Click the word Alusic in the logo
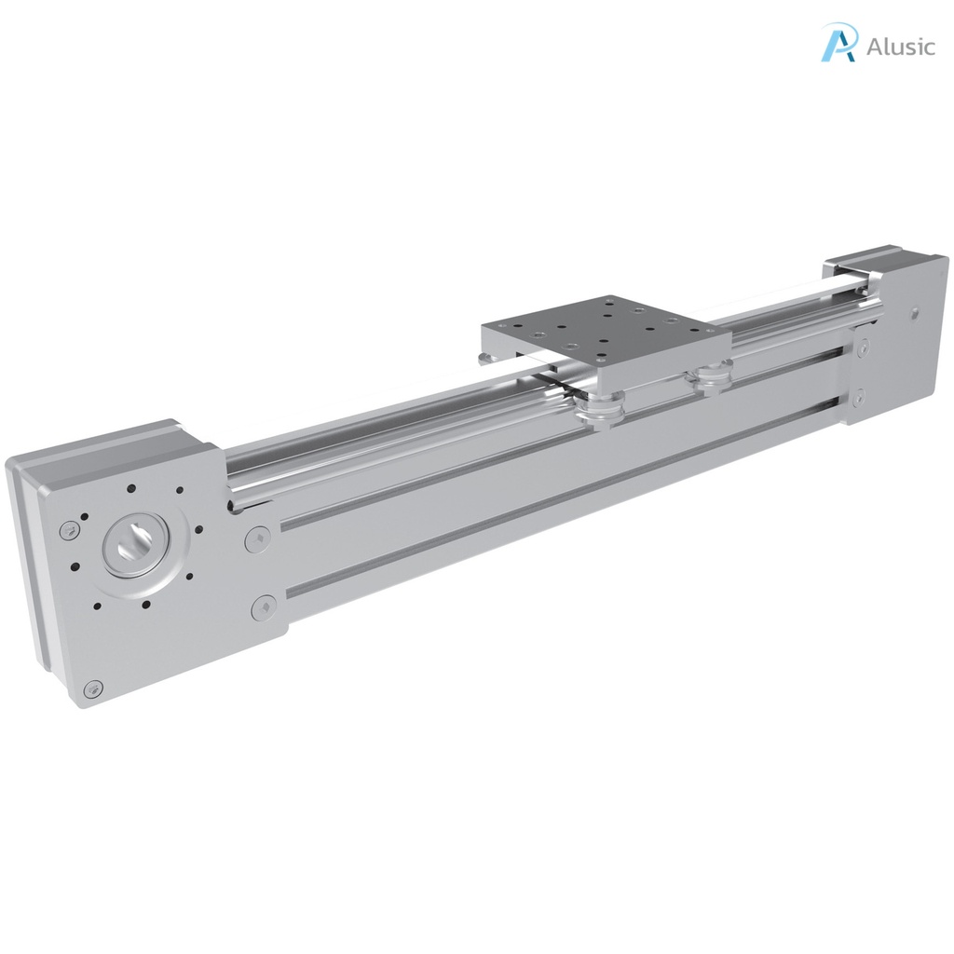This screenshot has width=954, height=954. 900,47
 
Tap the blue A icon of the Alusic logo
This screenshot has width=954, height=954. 838,43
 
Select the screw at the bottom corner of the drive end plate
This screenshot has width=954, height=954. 90,688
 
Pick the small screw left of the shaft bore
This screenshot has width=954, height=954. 68,530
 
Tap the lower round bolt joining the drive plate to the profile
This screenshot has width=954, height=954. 264,608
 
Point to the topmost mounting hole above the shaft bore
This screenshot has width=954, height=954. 131,488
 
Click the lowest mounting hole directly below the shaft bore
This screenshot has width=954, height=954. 145,604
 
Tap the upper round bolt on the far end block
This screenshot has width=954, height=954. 861,348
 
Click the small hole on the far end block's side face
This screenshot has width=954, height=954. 913,315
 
